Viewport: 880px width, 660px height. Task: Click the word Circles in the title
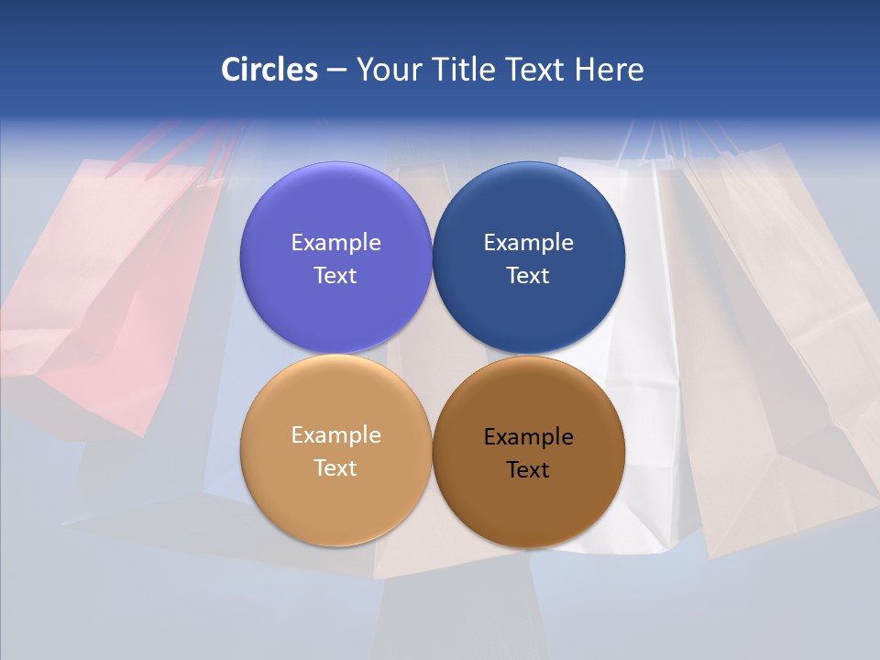[269, 70]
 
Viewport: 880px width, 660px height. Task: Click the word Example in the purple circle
[335, 242]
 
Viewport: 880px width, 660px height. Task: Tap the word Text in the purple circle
[335, 275]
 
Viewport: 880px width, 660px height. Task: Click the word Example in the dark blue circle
[528, 242]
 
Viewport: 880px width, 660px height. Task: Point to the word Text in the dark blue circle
[528, 275]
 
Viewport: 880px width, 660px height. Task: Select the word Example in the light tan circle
[335, 434]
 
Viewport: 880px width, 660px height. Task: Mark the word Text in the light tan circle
[335, 467]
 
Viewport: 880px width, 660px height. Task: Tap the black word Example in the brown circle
[528, 436]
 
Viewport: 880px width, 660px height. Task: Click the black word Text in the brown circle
[528, 469]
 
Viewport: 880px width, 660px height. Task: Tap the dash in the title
[336, 71]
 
